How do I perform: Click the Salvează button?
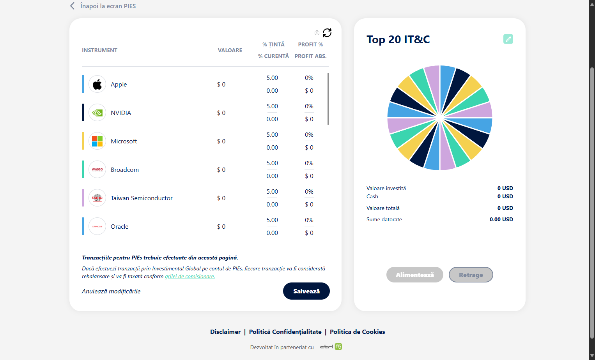pyautogui.click(x=306, y=291)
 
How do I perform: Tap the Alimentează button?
pyautogui.click(x=414, y=275)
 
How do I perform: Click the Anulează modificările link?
pyautogui.click(x=111, y=291)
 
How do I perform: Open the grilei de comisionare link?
pyautogui.click(x=190, y=276)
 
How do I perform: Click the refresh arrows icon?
pyautogui.click(x=327, y=33)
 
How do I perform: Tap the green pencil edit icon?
pyautogui.click(x=508, y=39)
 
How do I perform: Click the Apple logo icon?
pyautogui.click(x=97, y=84)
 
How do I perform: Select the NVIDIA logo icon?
pyautogui.click(x=97, y=113)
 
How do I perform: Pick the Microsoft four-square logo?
pyautogui.click(x=97, y=141)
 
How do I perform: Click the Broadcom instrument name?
pyautogui.click(x=125, y=169)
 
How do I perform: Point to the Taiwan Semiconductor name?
pyautogui.click(x=142, y=198)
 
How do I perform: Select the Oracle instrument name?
pyautogui.click(x=120, y=226)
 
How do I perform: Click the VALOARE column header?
pyautogui.click(x=230, y=50)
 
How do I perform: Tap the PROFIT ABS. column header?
pyautogui.click(x=310, y=56)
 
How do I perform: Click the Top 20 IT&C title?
pyautogui.click(x=398, y=39)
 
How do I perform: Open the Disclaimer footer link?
pyautogui.click(x=225, y=332)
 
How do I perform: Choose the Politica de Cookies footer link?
pyautogui.click(x=357, y=332)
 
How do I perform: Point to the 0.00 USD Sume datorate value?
pyautogui.click(x=501, y=219)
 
